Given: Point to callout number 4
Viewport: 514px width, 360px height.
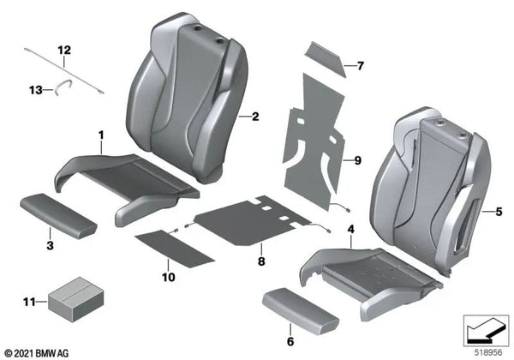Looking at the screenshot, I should [350, 228].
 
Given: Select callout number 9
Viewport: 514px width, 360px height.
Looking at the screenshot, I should [359, 159].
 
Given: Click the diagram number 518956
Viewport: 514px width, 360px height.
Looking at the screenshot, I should [489, 351].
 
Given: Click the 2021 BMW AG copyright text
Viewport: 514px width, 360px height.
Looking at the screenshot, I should [40, 351].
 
